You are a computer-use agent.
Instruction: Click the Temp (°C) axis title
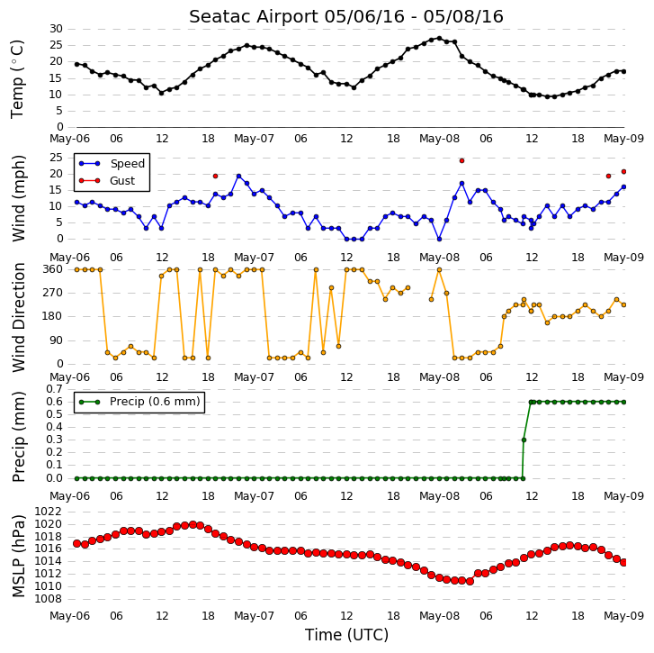tap(17, 79)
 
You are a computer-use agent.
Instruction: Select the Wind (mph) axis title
tap(18, 198)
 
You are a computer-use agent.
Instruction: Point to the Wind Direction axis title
tap(18, 317)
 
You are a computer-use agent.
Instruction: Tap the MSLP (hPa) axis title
tap(18, 556)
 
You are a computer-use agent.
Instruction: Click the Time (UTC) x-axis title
tap(346, 635)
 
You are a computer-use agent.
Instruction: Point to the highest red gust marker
tap(461, 160)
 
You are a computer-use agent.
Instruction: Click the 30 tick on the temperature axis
tap(56, 29)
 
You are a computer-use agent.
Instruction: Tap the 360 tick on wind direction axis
tap(52, 269)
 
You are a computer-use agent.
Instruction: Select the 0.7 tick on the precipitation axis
tap(54, 389)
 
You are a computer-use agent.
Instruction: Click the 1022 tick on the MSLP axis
tap(48, 512)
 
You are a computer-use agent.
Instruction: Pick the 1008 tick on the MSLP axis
tap(48, 599)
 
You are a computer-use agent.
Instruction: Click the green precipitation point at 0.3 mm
tap(524, 440)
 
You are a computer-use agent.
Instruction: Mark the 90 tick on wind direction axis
tap(56, 340)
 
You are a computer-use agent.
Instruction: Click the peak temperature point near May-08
tap(439, 39)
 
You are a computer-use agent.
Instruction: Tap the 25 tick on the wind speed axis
tap(56, 158)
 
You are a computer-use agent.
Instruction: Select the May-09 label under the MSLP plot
tap(624, 616)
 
